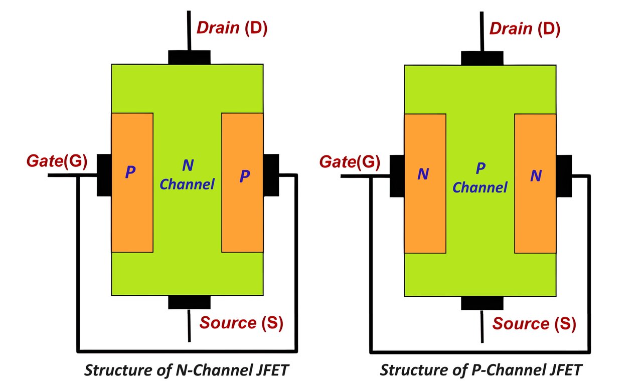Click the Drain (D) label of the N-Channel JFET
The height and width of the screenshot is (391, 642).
tap(232, 28)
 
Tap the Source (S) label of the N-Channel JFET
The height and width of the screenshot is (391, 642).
tap(241, 323)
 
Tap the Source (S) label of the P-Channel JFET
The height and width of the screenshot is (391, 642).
tap(534, 323)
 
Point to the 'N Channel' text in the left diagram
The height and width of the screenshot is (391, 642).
tap(187, 174)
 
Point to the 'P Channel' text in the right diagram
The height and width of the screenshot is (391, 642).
tap(480, 178)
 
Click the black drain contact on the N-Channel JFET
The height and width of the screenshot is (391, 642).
tap(189, 57)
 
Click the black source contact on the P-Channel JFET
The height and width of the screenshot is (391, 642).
tap(482, 303)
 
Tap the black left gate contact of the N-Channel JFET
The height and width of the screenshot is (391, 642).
tap(103, 175)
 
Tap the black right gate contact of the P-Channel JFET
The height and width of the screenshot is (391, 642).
tap(564, 176)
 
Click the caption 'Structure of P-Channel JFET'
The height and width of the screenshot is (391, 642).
tap(480, 370)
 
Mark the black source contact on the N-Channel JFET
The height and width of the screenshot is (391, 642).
tap(189, 302)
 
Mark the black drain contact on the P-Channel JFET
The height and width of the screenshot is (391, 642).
tap(482, 58)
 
